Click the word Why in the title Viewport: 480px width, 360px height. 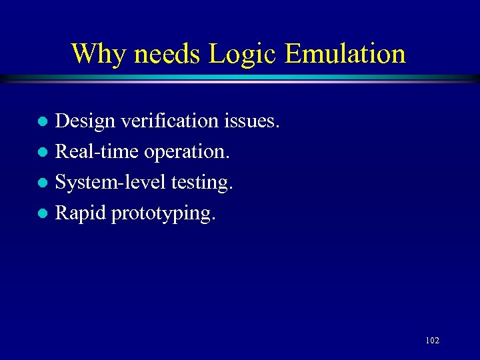pyautogui.click(x=97, y=54)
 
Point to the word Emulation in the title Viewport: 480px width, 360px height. pyautogui.click(x=345, y=54)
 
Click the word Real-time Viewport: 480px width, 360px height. pyautogui.click(x=95, y=152)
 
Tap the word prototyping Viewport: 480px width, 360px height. pyautogui.click(x=163, y=214)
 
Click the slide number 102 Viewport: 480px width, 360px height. pyautogui.click(x=432, y=341)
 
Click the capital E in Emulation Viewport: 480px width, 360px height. pyautogui.click(x=293, y=54)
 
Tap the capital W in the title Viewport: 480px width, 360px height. pyautogui.click(x=85, y=54)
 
